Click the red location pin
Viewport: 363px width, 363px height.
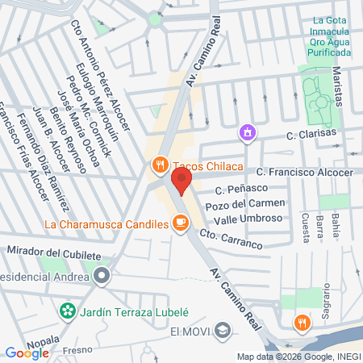click(x=182, y=181)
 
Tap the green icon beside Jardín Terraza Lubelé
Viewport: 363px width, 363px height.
click(x=68, y=310)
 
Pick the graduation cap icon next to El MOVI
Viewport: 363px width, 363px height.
click(x=223, y=329)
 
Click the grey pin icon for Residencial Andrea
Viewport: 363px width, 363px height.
click(x=102, y=277)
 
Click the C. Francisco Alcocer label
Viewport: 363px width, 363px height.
click(x=304, y=172)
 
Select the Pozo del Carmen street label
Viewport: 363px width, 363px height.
click(x=245, y=204)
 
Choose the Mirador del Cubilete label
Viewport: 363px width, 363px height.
click(x=54, y=254)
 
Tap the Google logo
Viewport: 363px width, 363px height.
click(x=27, y=352)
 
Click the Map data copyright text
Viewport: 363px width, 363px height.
click(x=298, y=356)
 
